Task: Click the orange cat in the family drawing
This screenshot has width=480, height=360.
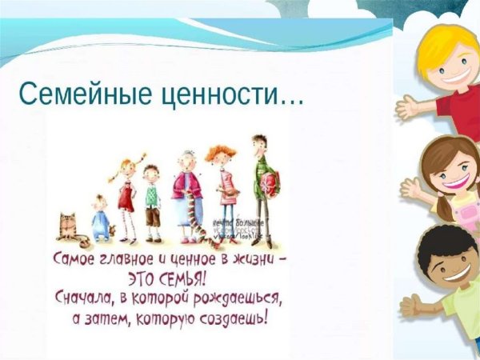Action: (67, 227)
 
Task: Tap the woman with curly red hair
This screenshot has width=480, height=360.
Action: (222, 188)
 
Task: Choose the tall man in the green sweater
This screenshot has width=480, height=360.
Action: (262, 188)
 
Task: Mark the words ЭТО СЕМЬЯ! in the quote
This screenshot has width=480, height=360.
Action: (167, 281)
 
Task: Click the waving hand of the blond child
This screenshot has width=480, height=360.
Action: (407, 106)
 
